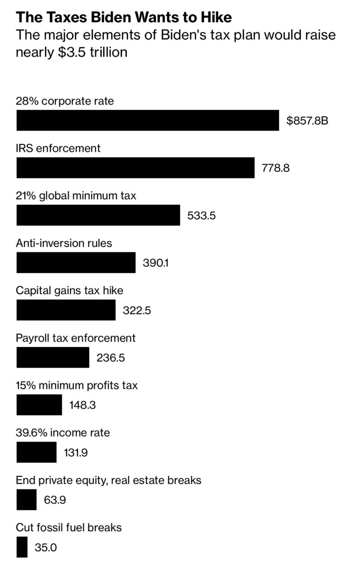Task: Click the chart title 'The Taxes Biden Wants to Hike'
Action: tap(124, 17)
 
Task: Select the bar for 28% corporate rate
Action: tap(147, 120)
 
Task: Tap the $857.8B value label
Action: tap(308, 121)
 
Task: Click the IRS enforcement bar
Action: tap(135, 168)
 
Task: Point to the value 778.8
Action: tap(276, 168)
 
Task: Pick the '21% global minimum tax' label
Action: tap(76, 196)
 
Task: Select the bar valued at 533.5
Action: tap(98, 215)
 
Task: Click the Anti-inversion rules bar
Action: tap(76, 262)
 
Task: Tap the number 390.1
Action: tap(156, 263)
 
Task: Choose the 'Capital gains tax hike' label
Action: tap(69, 290)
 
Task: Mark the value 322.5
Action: tap(137, 310)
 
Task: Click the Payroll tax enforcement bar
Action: tap(53, 357)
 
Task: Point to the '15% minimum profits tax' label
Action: tap(77, 385)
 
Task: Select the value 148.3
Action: tap(82, 405)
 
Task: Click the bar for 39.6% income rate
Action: tap(36, 452)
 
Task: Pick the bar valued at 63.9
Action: tap(26, 500)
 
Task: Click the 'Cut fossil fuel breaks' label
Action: tap(69, 527)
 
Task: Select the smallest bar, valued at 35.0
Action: tap(22, 547)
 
